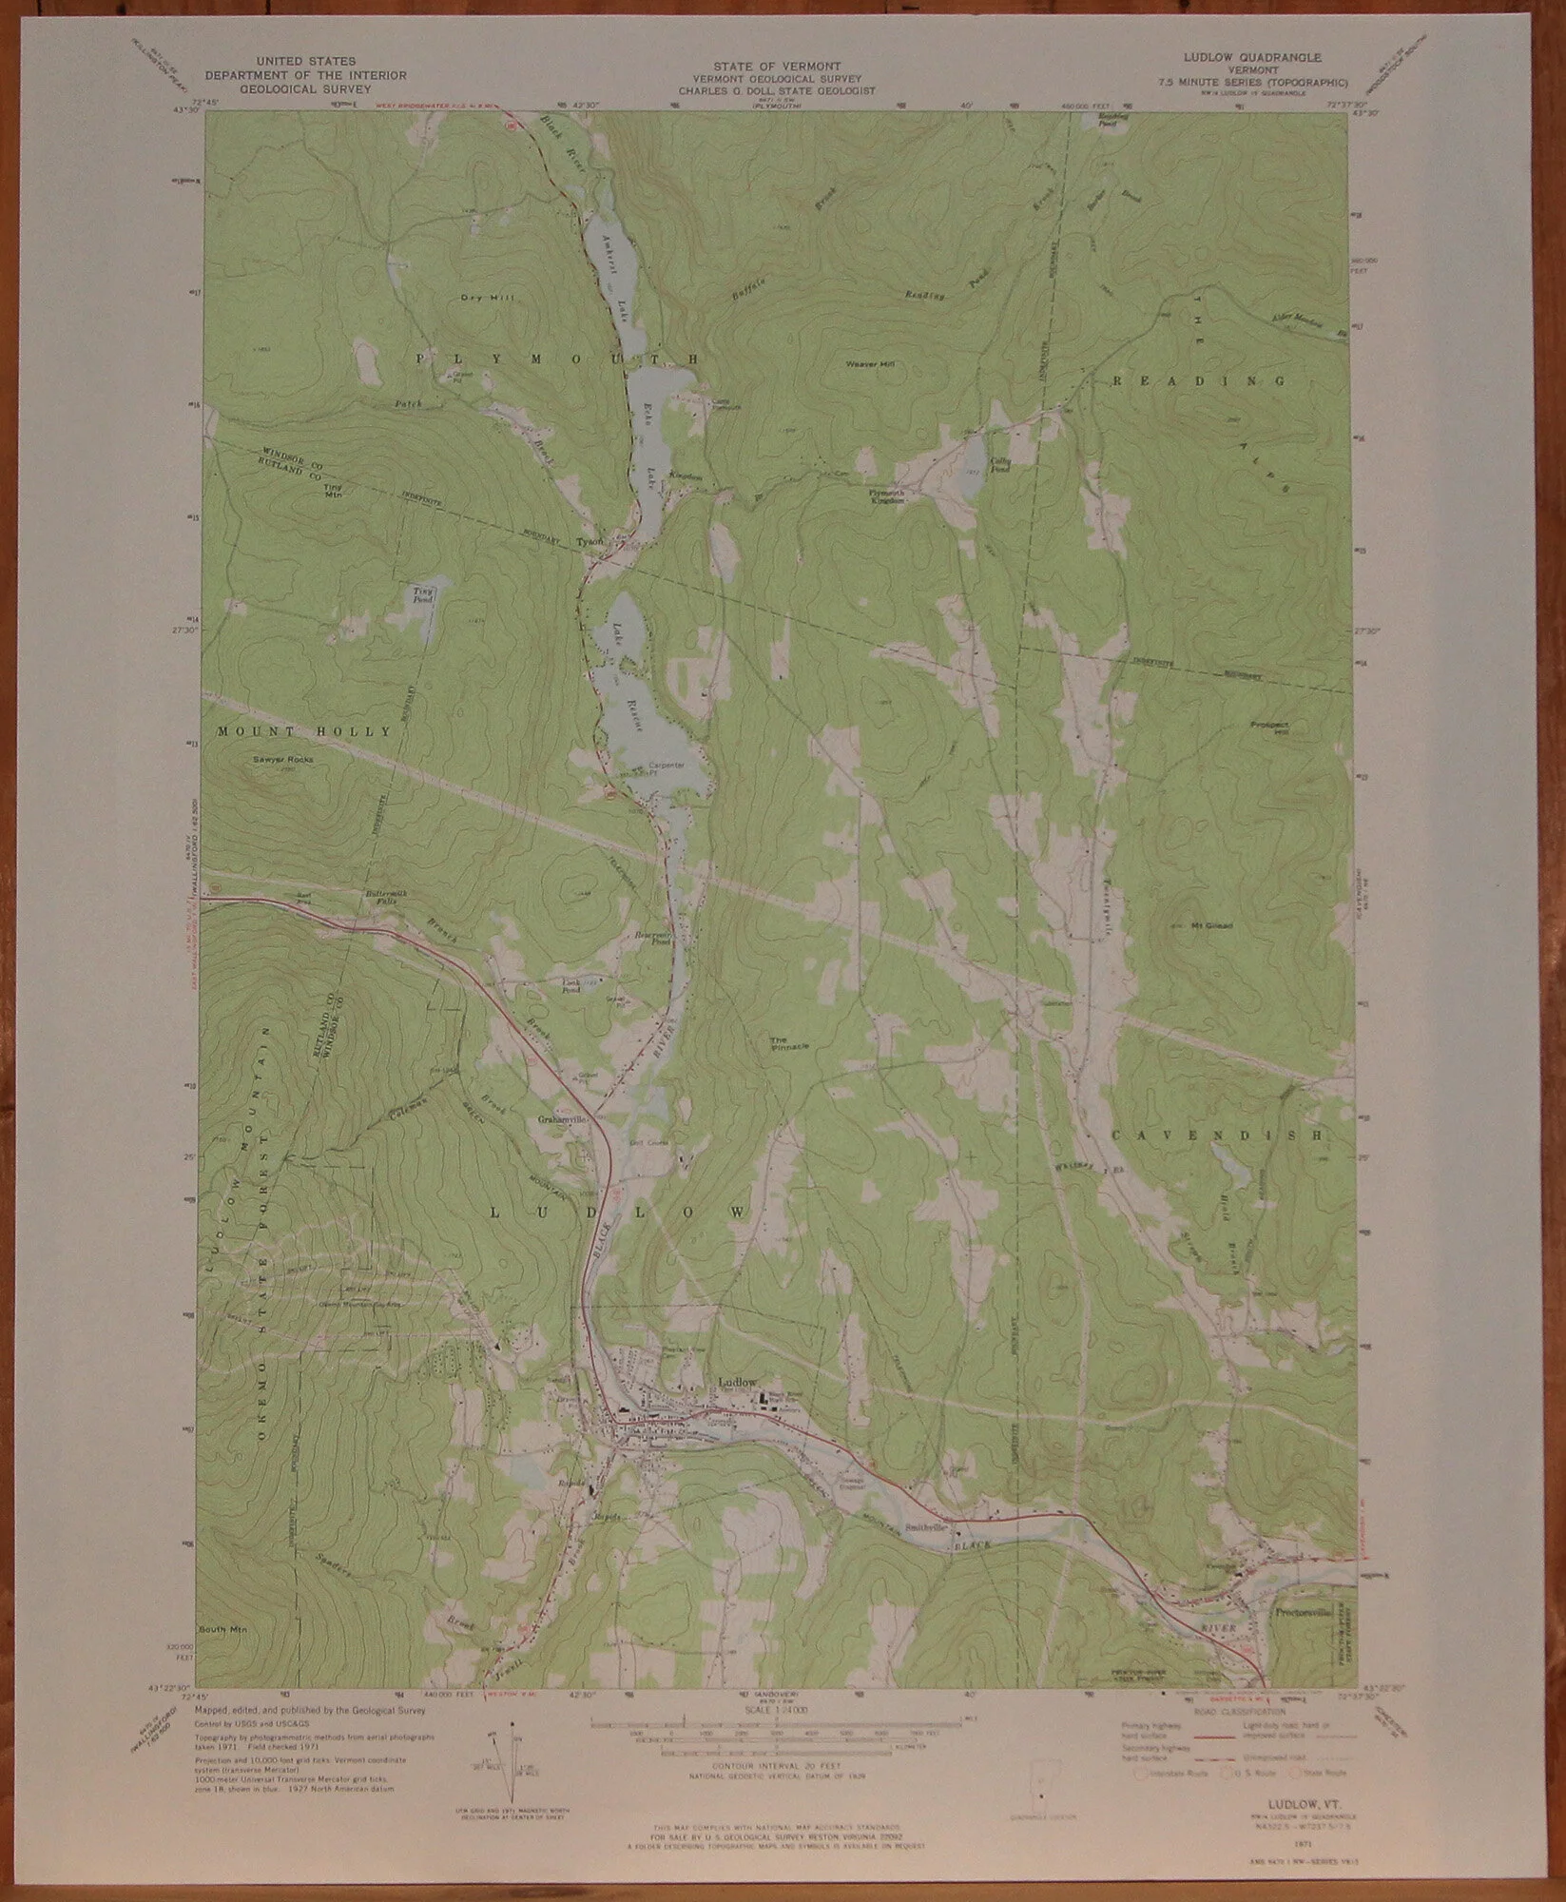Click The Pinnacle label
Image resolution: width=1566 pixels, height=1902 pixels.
pos(789,1043)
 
